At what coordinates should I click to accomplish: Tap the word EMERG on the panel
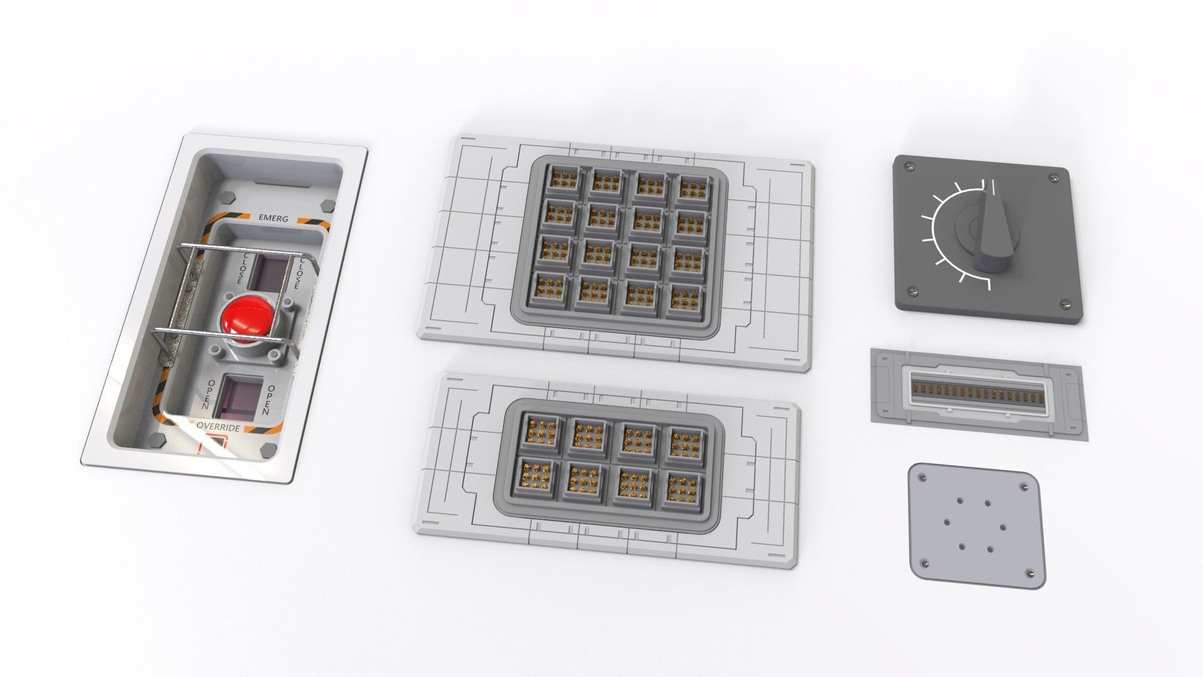coord(273,218)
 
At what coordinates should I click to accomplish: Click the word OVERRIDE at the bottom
coord(217,427)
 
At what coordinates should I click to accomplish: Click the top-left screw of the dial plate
coord(910,165)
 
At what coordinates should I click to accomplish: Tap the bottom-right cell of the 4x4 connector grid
coord(682,300)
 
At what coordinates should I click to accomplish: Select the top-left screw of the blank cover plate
coord(923,478)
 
